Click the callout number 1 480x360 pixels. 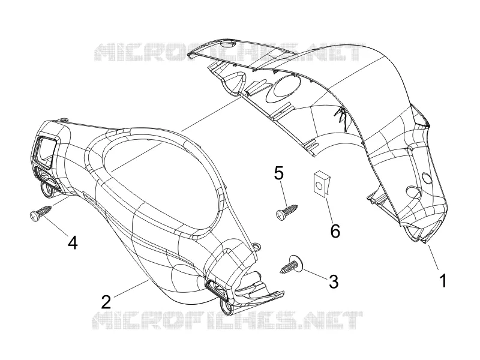[443, 281]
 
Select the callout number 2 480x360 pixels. [106, 302]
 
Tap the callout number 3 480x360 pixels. [334, 281]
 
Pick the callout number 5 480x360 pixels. [279, 173]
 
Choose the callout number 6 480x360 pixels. [335, 231]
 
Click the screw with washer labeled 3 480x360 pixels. [292, 265]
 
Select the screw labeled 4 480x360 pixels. [41, 212]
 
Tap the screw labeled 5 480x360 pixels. [287, 211]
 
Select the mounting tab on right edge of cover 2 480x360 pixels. [256, 245]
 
